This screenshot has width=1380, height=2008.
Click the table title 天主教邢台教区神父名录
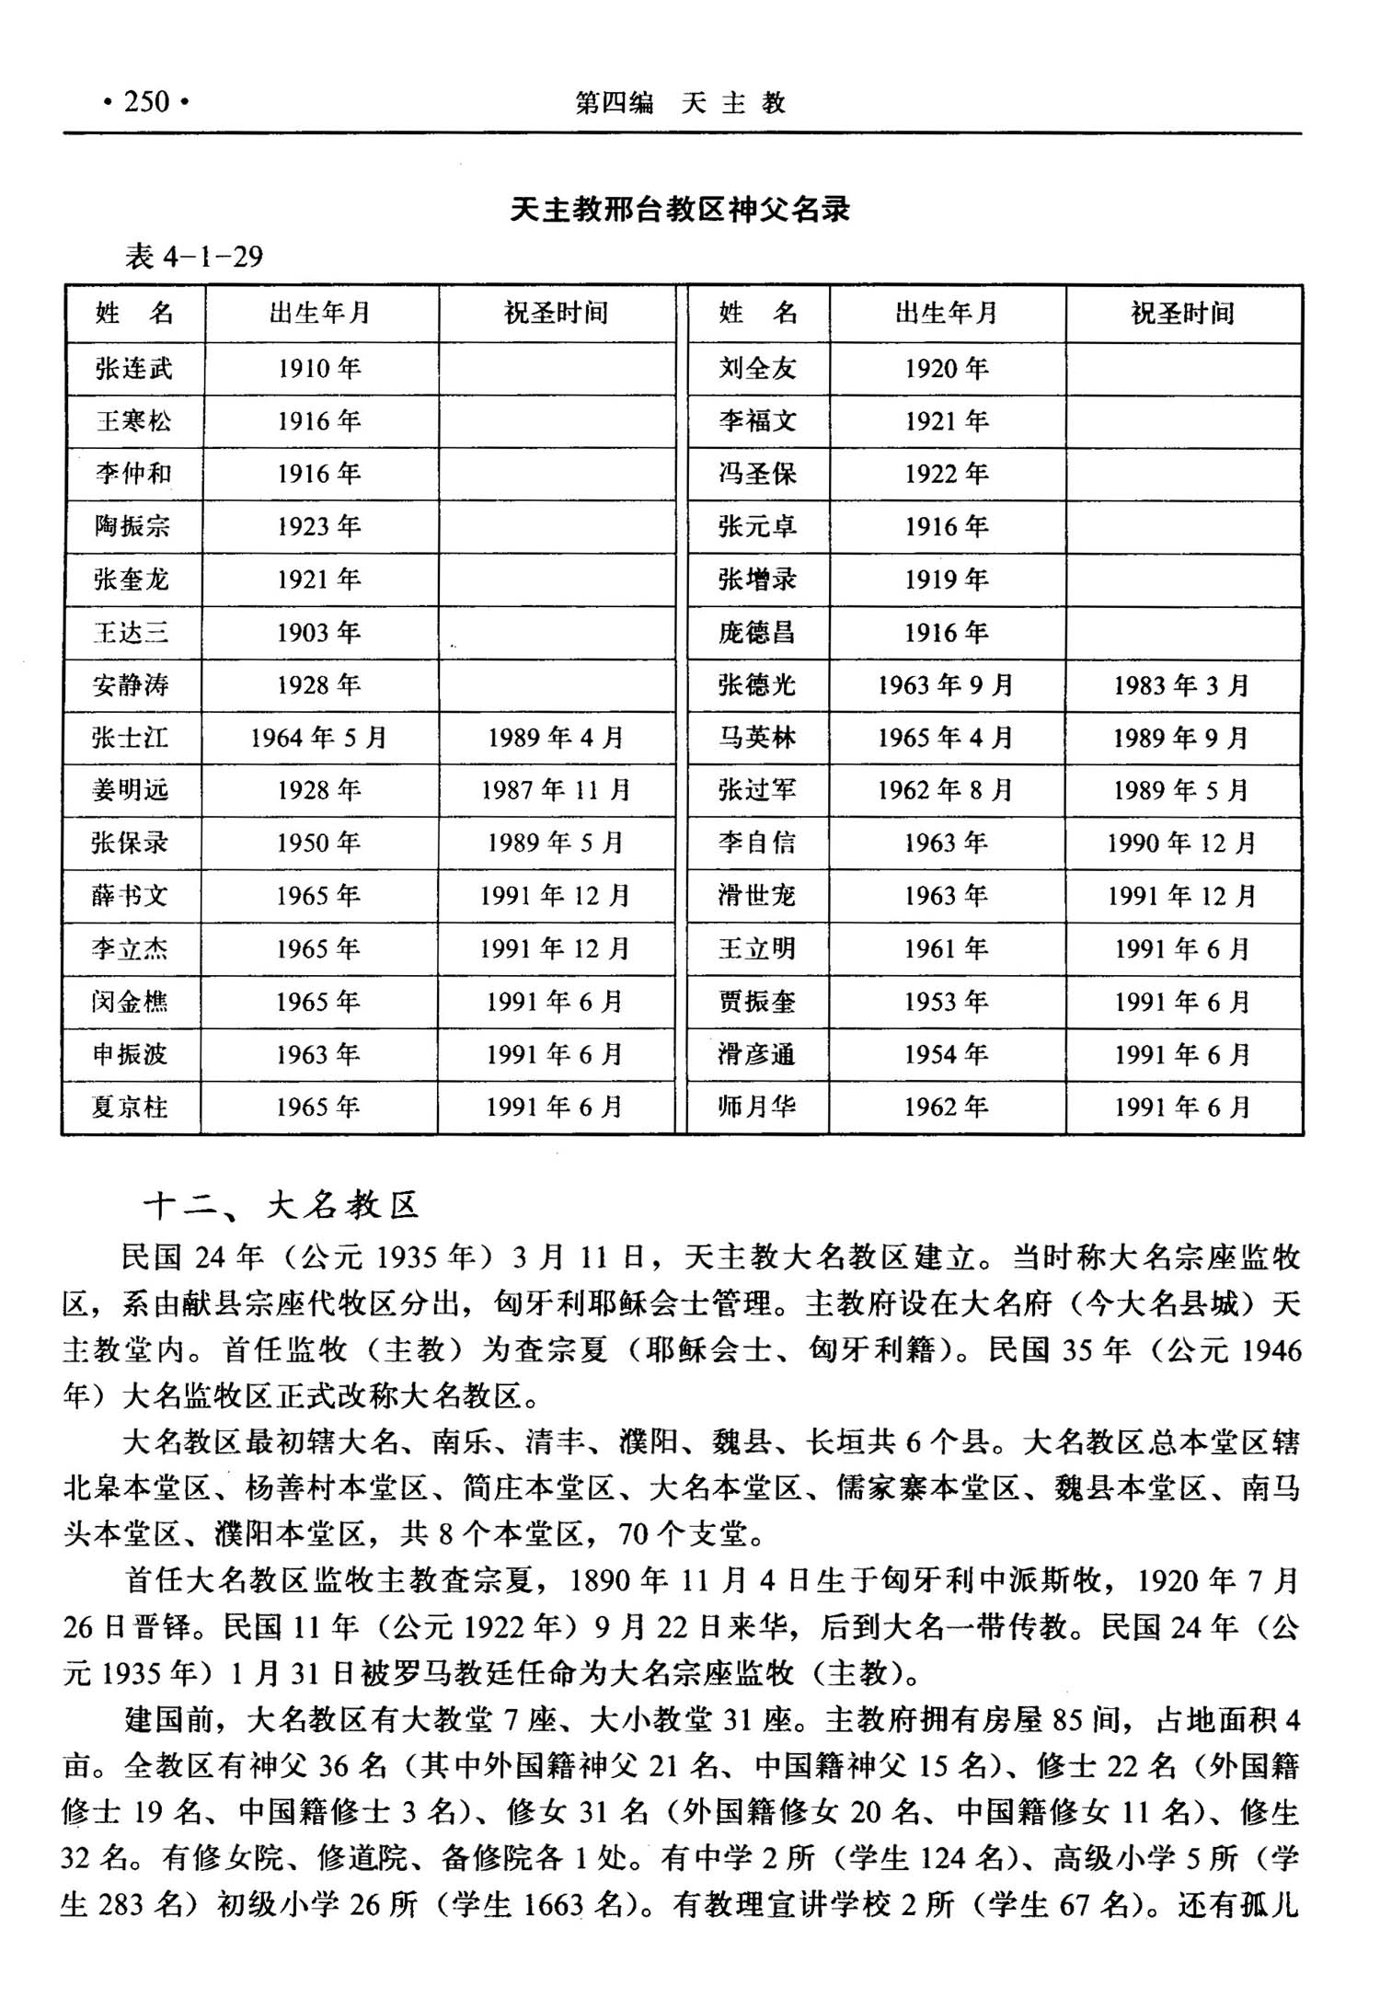coord(680,211)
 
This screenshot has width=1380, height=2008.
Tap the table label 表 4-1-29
coord(194,256)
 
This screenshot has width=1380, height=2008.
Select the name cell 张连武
coord(134,369)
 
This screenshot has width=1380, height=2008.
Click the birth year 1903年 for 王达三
coord(319,633)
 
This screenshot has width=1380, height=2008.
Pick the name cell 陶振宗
coord(132,526)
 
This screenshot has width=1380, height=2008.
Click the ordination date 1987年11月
coord(556,790)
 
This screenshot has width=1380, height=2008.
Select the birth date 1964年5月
coord(319,738)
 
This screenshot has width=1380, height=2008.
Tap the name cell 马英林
coord(757,738)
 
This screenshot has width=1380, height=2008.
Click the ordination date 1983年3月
coord(1181,685)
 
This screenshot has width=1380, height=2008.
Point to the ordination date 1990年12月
coord(1181,843)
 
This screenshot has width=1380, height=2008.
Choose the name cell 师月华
coord(757,1107)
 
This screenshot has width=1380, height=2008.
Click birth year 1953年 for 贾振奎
coord(946,1002)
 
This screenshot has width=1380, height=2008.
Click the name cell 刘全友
coord(757,369)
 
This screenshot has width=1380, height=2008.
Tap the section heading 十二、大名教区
coord(282,1205)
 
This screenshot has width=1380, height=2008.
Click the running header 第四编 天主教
coord(680,103)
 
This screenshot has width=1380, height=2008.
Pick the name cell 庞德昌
coord(757,633)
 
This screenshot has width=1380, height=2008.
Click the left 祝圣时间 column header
coord(556,314)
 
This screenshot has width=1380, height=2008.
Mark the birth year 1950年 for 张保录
coord(319,843)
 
